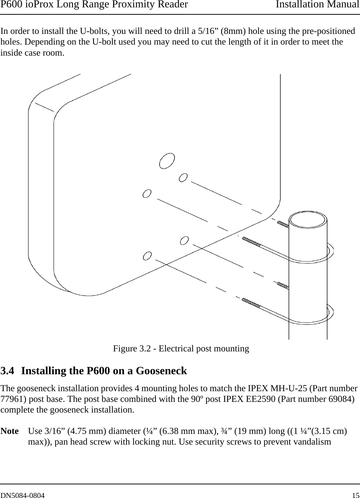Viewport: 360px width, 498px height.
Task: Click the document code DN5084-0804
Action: pos(23,495)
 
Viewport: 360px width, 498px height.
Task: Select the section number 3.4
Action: pos(8,371)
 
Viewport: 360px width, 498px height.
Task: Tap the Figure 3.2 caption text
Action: pos(181,348)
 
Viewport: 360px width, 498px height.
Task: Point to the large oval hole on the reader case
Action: pos(167,161)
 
